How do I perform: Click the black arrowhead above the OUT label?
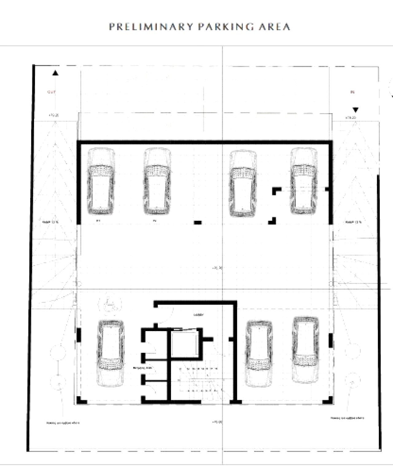[55, 73]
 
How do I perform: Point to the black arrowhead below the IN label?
[356, 110]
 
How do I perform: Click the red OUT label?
[51, 92]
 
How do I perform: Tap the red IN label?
[352, 92]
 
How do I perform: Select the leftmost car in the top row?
[101, 181]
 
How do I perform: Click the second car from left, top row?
[157, 181]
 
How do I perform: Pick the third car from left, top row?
[243, 183]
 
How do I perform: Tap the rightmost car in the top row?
[304, 181]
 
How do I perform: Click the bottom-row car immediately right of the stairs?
[259, 353]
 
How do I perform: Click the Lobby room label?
[199, 315]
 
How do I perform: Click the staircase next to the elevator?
[200, 380]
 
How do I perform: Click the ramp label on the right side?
[353, 222]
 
